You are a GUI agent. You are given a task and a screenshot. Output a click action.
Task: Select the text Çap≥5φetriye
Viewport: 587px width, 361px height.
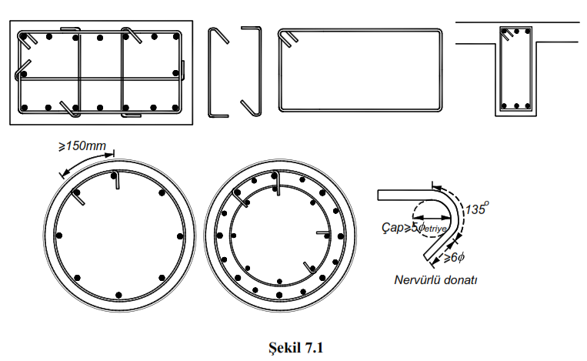[x=415, y=229]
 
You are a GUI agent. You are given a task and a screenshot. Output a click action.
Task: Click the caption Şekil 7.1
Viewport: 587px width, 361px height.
[x=293, y=347]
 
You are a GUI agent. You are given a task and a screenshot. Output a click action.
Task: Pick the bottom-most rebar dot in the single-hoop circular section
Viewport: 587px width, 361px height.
[x=118, y=295]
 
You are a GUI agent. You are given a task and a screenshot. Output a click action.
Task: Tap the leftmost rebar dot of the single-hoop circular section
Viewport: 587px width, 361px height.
[x=58, y=234]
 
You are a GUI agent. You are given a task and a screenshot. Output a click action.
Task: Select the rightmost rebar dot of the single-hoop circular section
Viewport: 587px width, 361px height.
[x=177, y=234]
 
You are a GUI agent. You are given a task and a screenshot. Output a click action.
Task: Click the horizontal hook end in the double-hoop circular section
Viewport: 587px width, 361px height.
[x=322, y=232]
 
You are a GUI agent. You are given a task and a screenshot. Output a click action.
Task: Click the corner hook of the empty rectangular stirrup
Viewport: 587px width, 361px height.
[x=288, y=38]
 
